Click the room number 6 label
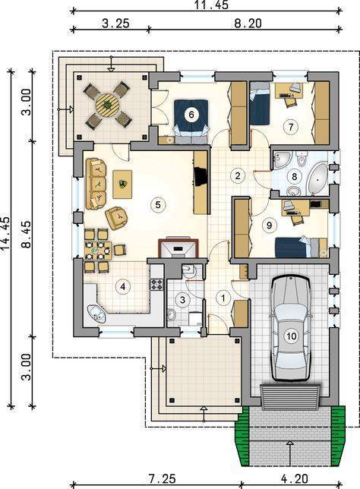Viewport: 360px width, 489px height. point(191,115)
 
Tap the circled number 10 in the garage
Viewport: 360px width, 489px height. point(291,336)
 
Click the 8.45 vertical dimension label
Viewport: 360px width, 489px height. point(27,235)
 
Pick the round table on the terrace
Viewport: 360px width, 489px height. point(107,105)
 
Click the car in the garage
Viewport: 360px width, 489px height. point(291,328)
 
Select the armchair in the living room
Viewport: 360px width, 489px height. point(116,218)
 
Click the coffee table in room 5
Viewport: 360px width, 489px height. point(122,184)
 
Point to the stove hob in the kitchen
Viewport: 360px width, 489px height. point(157,285)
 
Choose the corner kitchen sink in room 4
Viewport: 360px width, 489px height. point(97,314)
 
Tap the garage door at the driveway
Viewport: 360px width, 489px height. point(290,396)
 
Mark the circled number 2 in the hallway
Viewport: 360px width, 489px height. point(238,175)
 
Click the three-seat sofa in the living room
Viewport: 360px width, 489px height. point(96,184)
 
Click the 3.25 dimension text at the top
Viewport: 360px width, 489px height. point(115,24)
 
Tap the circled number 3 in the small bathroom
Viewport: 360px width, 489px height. point(182,300)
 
